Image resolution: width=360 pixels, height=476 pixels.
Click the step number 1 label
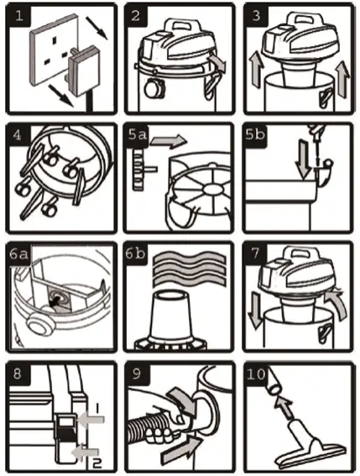coord(17,15)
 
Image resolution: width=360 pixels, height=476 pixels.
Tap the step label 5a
coord(140,134)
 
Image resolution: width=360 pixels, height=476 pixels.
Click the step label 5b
coord(259,134)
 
